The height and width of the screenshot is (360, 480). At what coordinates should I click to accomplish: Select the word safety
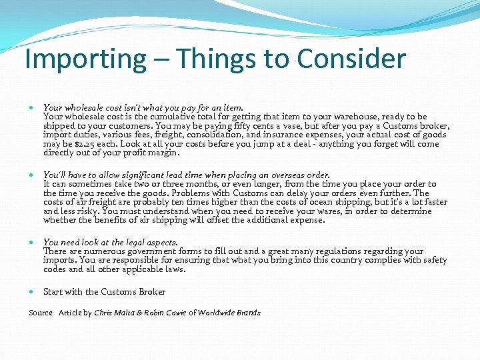coord(434,260)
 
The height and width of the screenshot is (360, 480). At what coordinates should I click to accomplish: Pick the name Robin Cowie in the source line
coord(163,313)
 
